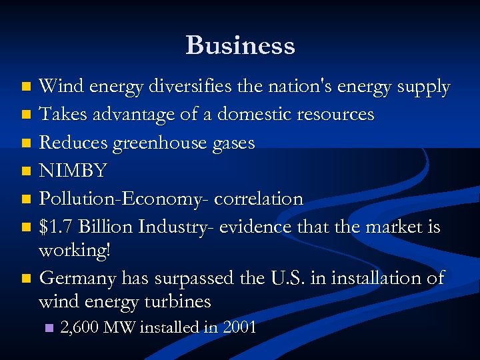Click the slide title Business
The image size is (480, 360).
pos(240,45)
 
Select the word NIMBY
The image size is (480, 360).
pos(73,171)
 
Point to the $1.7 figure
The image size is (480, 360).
pos(56,227)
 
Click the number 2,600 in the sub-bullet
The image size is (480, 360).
pos(79,327)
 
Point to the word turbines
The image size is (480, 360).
pos(177,301)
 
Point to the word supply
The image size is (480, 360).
pos(423,87)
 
